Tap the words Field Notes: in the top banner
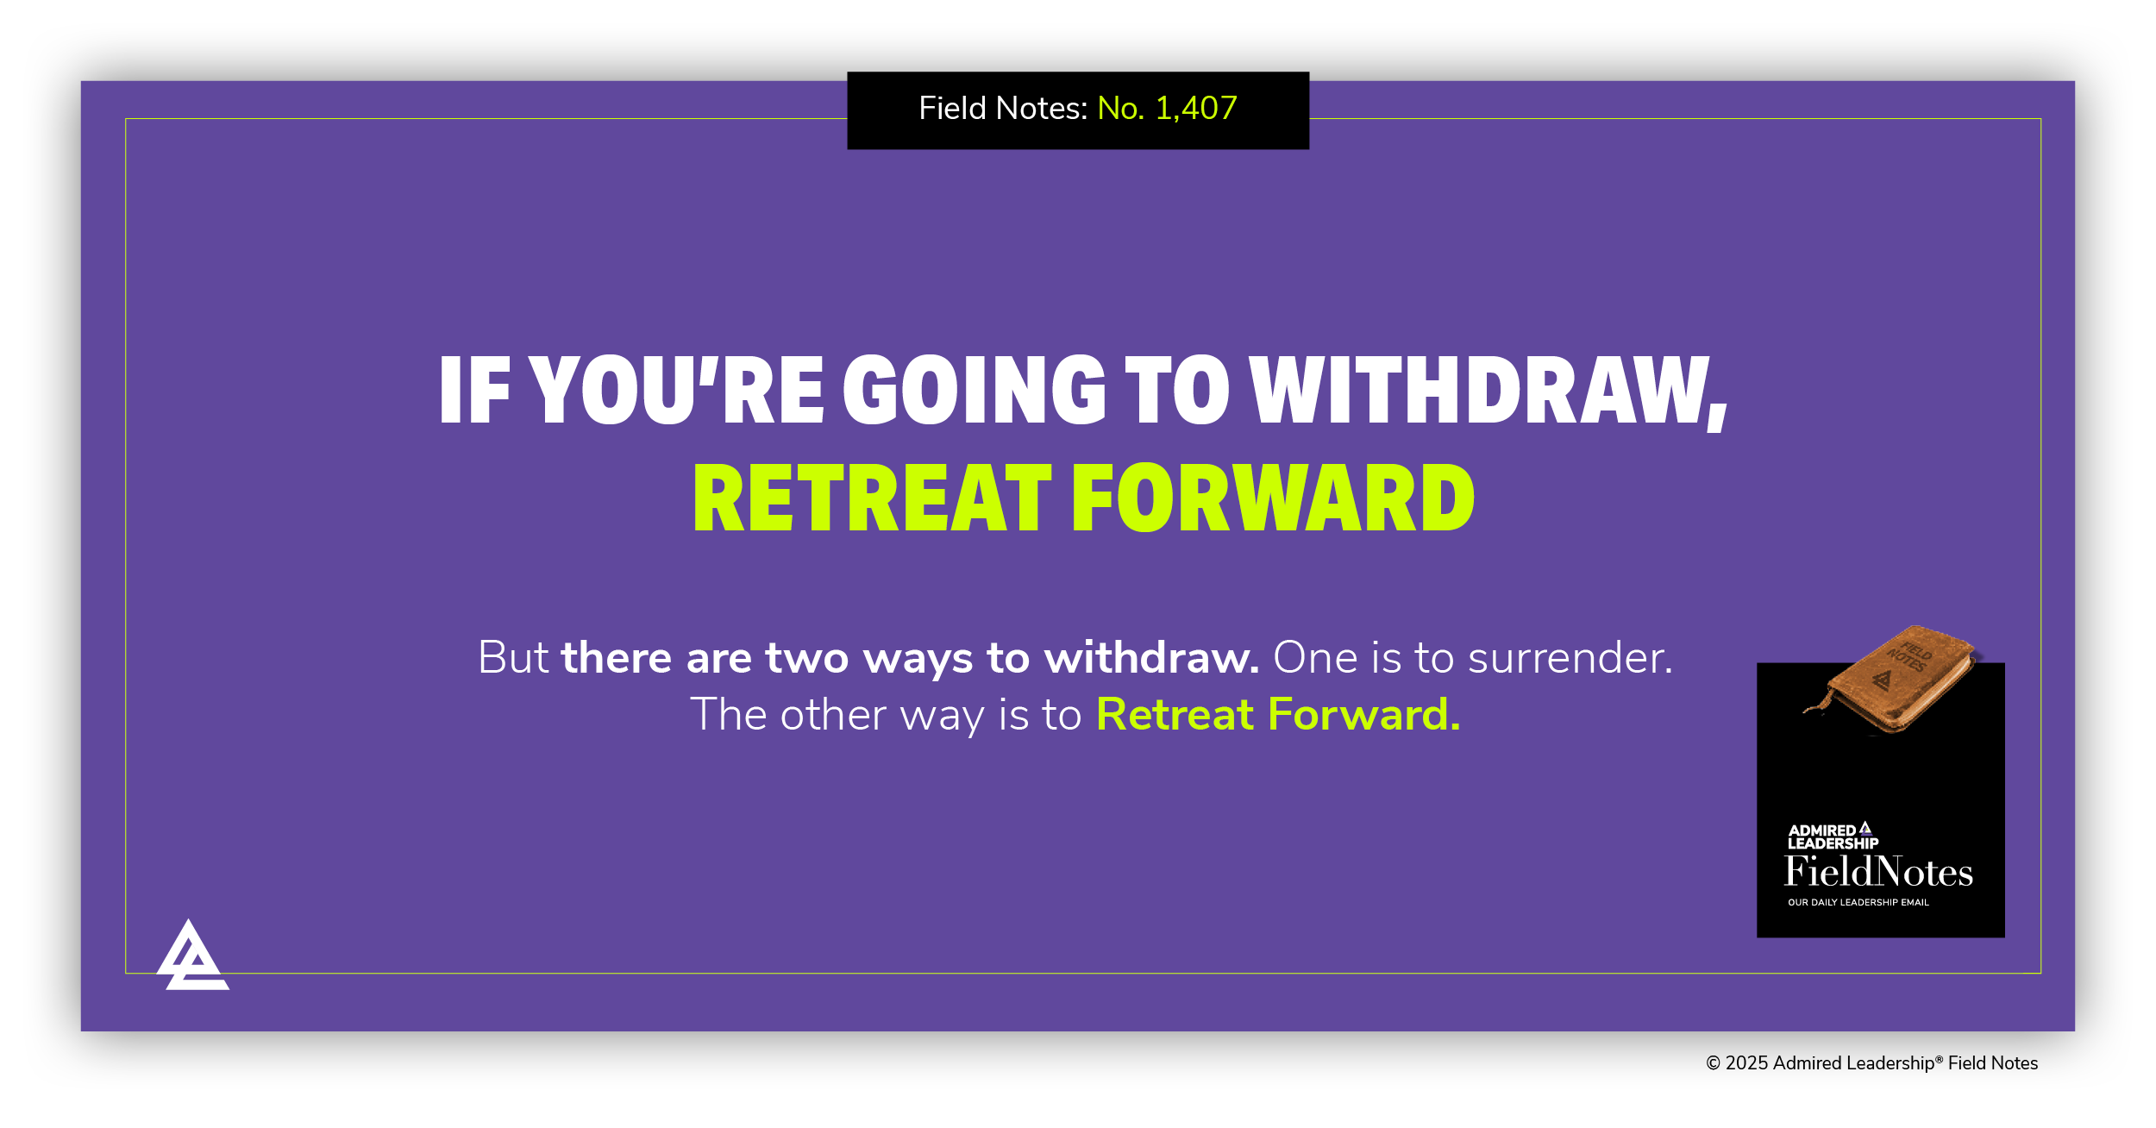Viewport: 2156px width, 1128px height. point(1003,109)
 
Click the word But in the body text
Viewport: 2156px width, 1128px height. point(513,658)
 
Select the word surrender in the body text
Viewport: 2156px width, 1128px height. point(1570,658)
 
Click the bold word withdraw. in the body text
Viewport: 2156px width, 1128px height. point(1151,658)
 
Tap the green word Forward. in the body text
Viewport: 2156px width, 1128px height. point(1364,715)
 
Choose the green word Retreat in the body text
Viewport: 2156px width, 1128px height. point(1175,715)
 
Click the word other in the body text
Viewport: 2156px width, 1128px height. point(833,715)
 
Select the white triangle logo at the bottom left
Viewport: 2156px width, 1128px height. point(191,956)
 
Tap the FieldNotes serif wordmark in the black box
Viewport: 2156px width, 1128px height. point(1878,873)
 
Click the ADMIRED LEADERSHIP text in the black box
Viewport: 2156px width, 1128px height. point(1832,837)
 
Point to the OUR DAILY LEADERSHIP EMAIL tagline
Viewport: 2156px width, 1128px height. point(1858,903)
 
